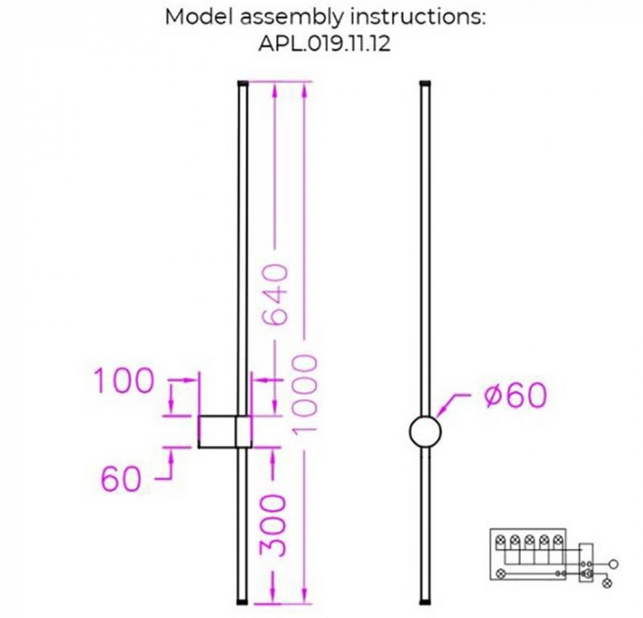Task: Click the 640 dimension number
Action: pyautogui.click(x=278, y=294)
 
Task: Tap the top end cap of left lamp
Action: pyautogui.click(x=243, y=84)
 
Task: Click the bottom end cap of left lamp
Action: pyautogui.click(x=243, y=600)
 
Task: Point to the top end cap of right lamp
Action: pyautogui.click(x=424, y=84)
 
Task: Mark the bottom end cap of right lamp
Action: pyautogui.click(x=424, y=600)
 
